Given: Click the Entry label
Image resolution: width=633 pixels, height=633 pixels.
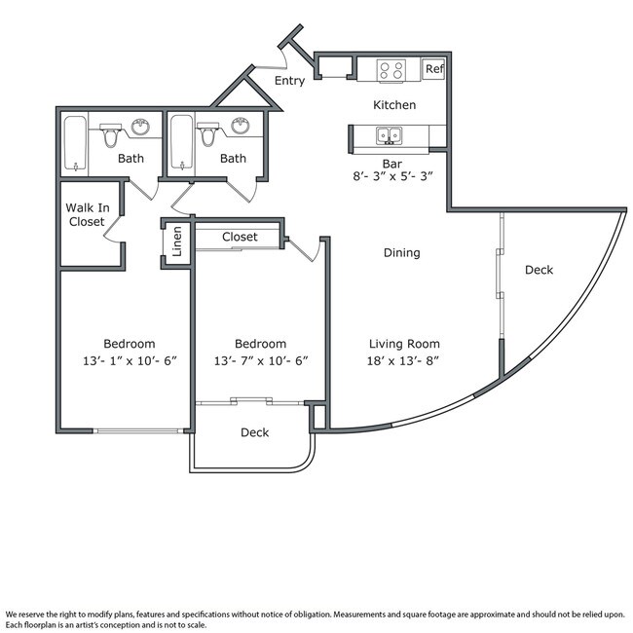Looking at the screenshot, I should click(289, 81).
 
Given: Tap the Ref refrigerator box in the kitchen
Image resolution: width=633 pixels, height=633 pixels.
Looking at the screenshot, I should click(433, 69).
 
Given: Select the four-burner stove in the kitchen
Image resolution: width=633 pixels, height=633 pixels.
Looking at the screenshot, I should click(391, 69).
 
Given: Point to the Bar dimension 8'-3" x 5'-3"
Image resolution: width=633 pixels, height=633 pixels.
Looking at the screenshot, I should click(392, 176).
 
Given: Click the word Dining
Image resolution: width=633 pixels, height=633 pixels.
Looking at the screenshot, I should click(401, 253).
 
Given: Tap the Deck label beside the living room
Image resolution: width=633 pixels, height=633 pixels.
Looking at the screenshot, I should click(539, 270).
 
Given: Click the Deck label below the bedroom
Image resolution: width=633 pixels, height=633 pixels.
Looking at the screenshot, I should click(255, 432).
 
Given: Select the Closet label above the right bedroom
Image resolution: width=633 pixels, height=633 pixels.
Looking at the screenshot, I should click(240, 237).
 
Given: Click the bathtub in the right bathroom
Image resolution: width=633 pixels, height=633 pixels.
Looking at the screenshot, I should click(180, 143).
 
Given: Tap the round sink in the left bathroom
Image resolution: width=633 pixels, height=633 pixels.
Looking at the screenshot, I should click(140, 127).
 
